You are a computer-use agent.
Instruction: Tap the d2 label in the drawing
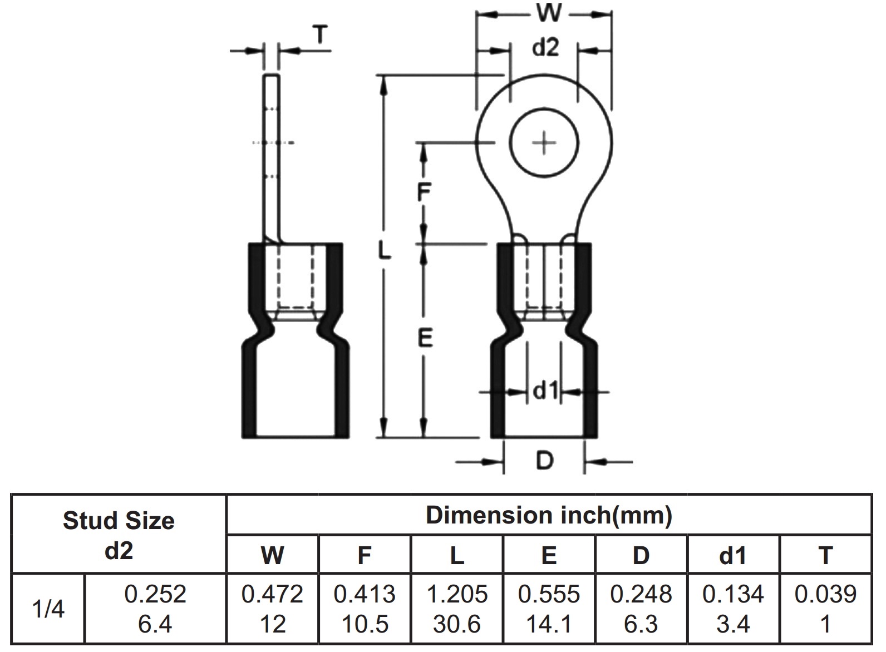tap(545, 48)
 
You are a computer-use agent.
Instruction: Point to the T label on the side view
tap(320, 35)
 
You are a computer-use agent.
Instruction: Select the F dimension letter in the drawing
tap(424, 192)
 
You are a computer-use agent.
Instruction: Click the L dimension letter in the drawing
tap(384, 250)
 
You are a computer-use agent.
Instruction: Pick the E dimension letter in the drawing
tap(425, 338)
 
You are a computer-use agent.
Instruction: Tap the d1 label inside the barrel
tap(545, 391)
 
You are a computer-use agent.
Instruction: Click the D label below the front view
tap(544, 461)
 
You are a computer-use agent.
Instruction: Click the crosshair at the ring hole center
tap(544, 144)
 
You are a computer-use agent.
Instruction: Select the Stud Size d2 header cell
tap(119, 535)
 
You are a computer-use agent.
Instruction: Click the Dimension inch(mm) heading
tap(549, 515)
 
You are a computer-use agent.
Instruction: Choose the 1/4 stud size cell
tap(48, 609)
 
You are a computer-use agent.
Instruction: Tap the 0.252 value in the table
tap(155, 594)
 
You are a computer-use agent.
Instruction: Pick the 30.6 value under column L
tap(457, 624)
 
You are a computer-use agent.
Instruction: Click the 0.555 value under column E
tap(549, 594)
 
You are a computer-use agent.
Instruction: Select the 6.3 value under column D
tap(641, 624)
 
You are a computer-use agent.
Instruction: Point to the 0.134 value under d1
tap(733, 594)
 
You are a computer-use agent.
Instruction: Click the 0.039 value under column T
tap(825, 594)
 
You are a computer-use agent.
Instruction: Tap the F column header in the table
tap(365, 555)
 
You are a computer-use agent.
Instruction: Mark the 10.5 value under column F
tap(365, 624)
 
